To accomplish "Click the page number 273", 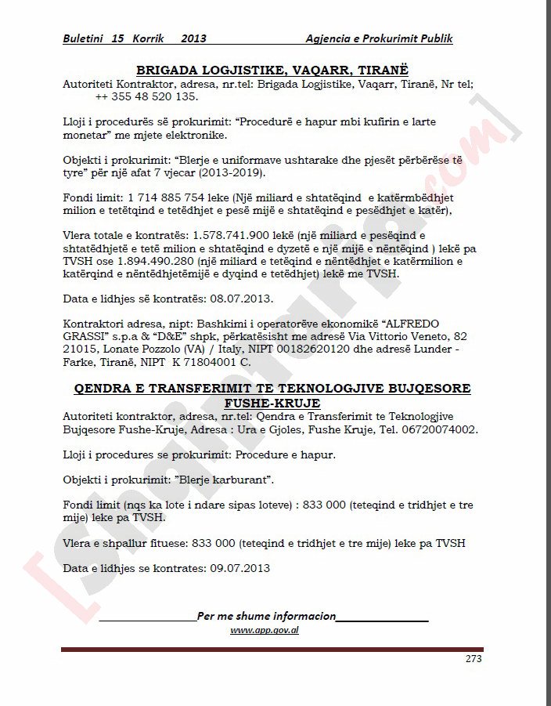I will [x=473, y=659].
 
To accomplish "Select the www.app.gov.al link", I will [x=265, y=630].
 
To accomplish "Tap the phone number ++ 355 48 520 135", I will [x=146, y=96].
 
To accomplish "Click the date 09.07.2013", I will [x=239, y=568].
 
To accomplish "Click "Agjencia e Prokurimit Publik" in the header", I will [x=379, y=38].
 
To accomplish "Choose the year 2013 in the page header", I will [x=193, y=38].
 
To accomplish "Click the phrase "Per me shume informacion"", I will [x=266, y=616].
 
